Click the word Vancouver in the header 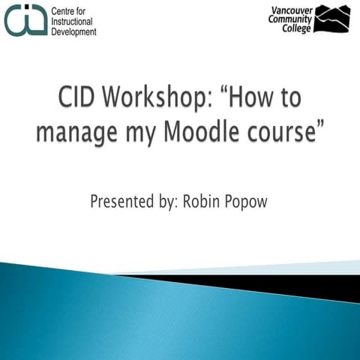point(288,9)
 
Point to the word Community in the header point(289,19)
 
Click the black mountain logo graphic point(331,19)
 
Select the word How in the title point(259,97)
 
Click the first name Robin point(202,202)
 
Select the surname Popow point(247,202)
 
